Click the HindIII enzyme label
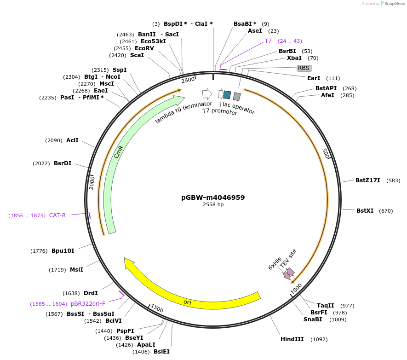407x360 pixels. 292,339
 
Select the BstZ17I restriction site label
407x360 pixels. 367,180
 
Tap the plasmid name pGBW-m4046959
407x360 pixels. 213,197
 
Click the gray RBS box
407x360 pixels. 304,68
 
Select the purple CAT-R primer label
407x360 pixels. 57,215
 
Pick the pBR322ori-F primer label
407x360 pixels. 88,304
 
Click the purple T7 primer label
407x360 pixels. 268,41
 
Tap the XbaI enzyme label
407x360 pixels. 294,58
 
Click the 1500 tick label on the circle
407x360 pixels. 157,308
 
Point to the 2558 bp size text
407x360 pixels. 213,205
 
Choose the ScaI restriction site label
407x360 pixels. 137,55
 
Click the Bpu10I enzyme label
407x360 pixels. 63,251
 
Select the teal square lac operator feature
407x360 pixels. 227,95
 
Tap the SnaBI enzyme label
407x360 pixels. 313,319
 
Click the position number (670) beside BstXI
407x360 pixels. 386,211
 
